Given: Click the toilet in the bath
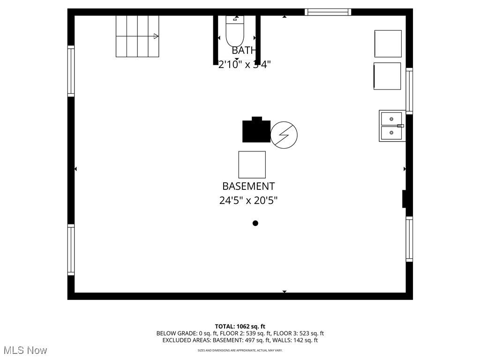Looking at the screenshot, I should pos(235,30).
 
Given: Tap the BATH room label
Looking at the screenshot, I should pos(244,50).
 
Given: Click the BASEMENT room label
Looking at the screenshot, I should pos(248,186).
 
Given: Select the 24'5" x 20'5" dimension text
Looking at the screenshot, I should pos(248,201).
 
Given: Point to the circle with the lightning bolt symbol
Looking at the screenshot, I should pos(284,135).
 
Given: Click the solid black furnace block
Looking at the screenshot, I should pos(256,131).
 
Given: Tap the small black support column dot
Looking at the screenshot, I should pos(255,223).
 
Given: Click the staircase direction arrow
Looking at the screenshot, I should pos(156,36).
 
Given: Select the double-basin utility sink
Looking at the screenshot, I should pos(391,126).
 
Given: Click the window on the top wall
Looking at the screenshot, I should pos(328,12).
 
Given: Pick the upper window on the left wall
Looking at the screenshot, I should pos(71,71).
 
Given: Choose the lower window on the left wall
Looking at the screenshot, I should pos(71,250).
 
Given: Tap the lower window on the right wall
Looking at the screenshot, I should pos(409,239).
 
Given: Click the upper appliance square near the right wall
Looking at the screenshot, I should pos(388,44).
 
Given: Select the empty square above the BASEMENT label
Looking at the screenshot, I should pos(252,165).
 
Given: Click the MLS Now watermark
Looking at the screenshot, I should pos(25,350).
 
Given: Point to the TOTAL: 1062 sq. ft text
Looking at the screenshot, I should pos(240,326).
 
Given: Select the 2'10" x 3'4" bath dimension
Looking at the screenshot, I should pos(245,65).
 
